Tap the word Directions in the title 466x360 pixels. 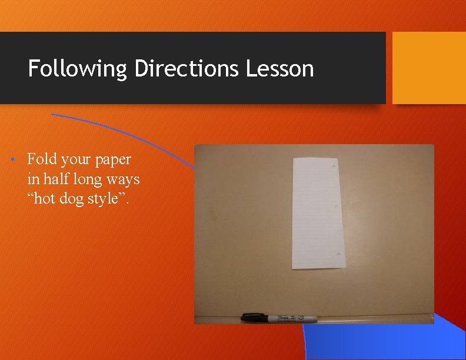point(187,69)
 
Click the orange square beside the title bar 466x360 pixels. point(429,68)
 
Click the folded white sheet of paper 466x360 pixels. point(316,213)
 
